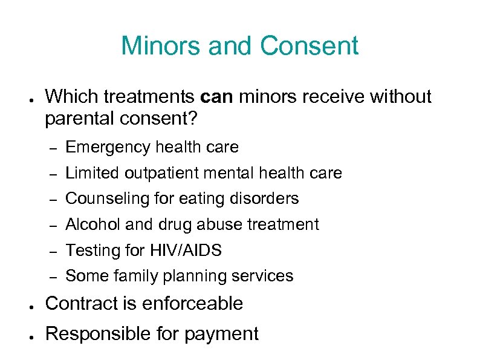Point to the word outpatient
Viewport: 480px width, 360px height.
coord(161,174)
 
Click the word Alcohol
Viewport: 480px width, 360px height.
coord(87,224)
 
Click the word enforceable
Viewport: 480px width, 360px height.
coord(193,303)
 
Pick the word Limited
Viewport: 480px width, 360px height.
coord(92,174)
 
